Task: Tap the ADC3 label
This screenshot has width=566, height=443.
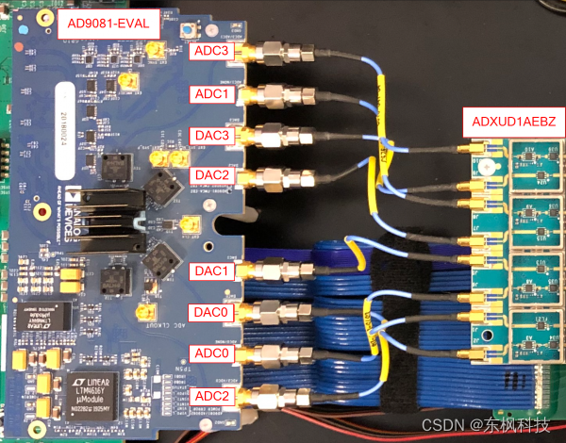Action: (211, 50)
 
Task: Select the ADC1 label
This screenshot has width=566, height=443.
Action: (211, 93)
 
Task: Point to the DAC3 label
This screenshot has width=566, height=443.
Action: (211, 135)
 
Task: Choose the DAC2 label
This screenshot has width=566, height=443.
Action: (211, 175)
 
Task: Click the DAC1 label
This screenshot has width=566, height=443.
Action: (211, 271)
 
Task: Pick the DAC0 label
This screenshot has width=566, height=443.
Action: (211, 312)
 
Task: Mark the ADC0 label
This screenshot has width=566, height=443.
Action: (211, 353)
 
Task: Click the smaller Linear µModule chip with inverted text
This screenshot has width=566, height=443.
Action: (30, 317)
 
